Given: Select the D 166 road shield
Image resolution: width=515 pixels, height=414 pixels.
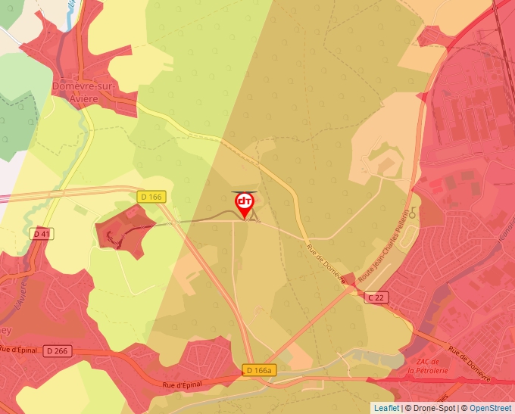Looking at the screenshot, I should point(151,197).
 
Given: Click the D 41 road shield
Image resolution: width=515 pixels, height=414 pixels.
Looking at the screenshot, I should point(42,234).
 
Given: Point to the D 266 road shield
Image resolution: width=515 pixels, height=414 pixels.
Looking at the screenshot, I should point(57,350).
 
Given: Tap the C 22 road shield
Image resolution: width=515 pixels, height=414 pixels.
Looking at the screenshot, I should point(376,297).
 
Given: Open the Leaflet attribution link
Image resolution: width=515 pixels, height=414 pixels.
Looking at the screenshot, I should point(386,408).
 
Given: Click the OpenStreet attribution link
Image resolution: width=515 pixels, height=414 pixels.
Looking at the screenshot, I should point(491,408).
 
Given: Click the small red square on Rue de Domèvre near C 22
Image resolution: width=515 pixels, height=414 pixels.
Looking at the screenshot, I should point(348,279).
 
